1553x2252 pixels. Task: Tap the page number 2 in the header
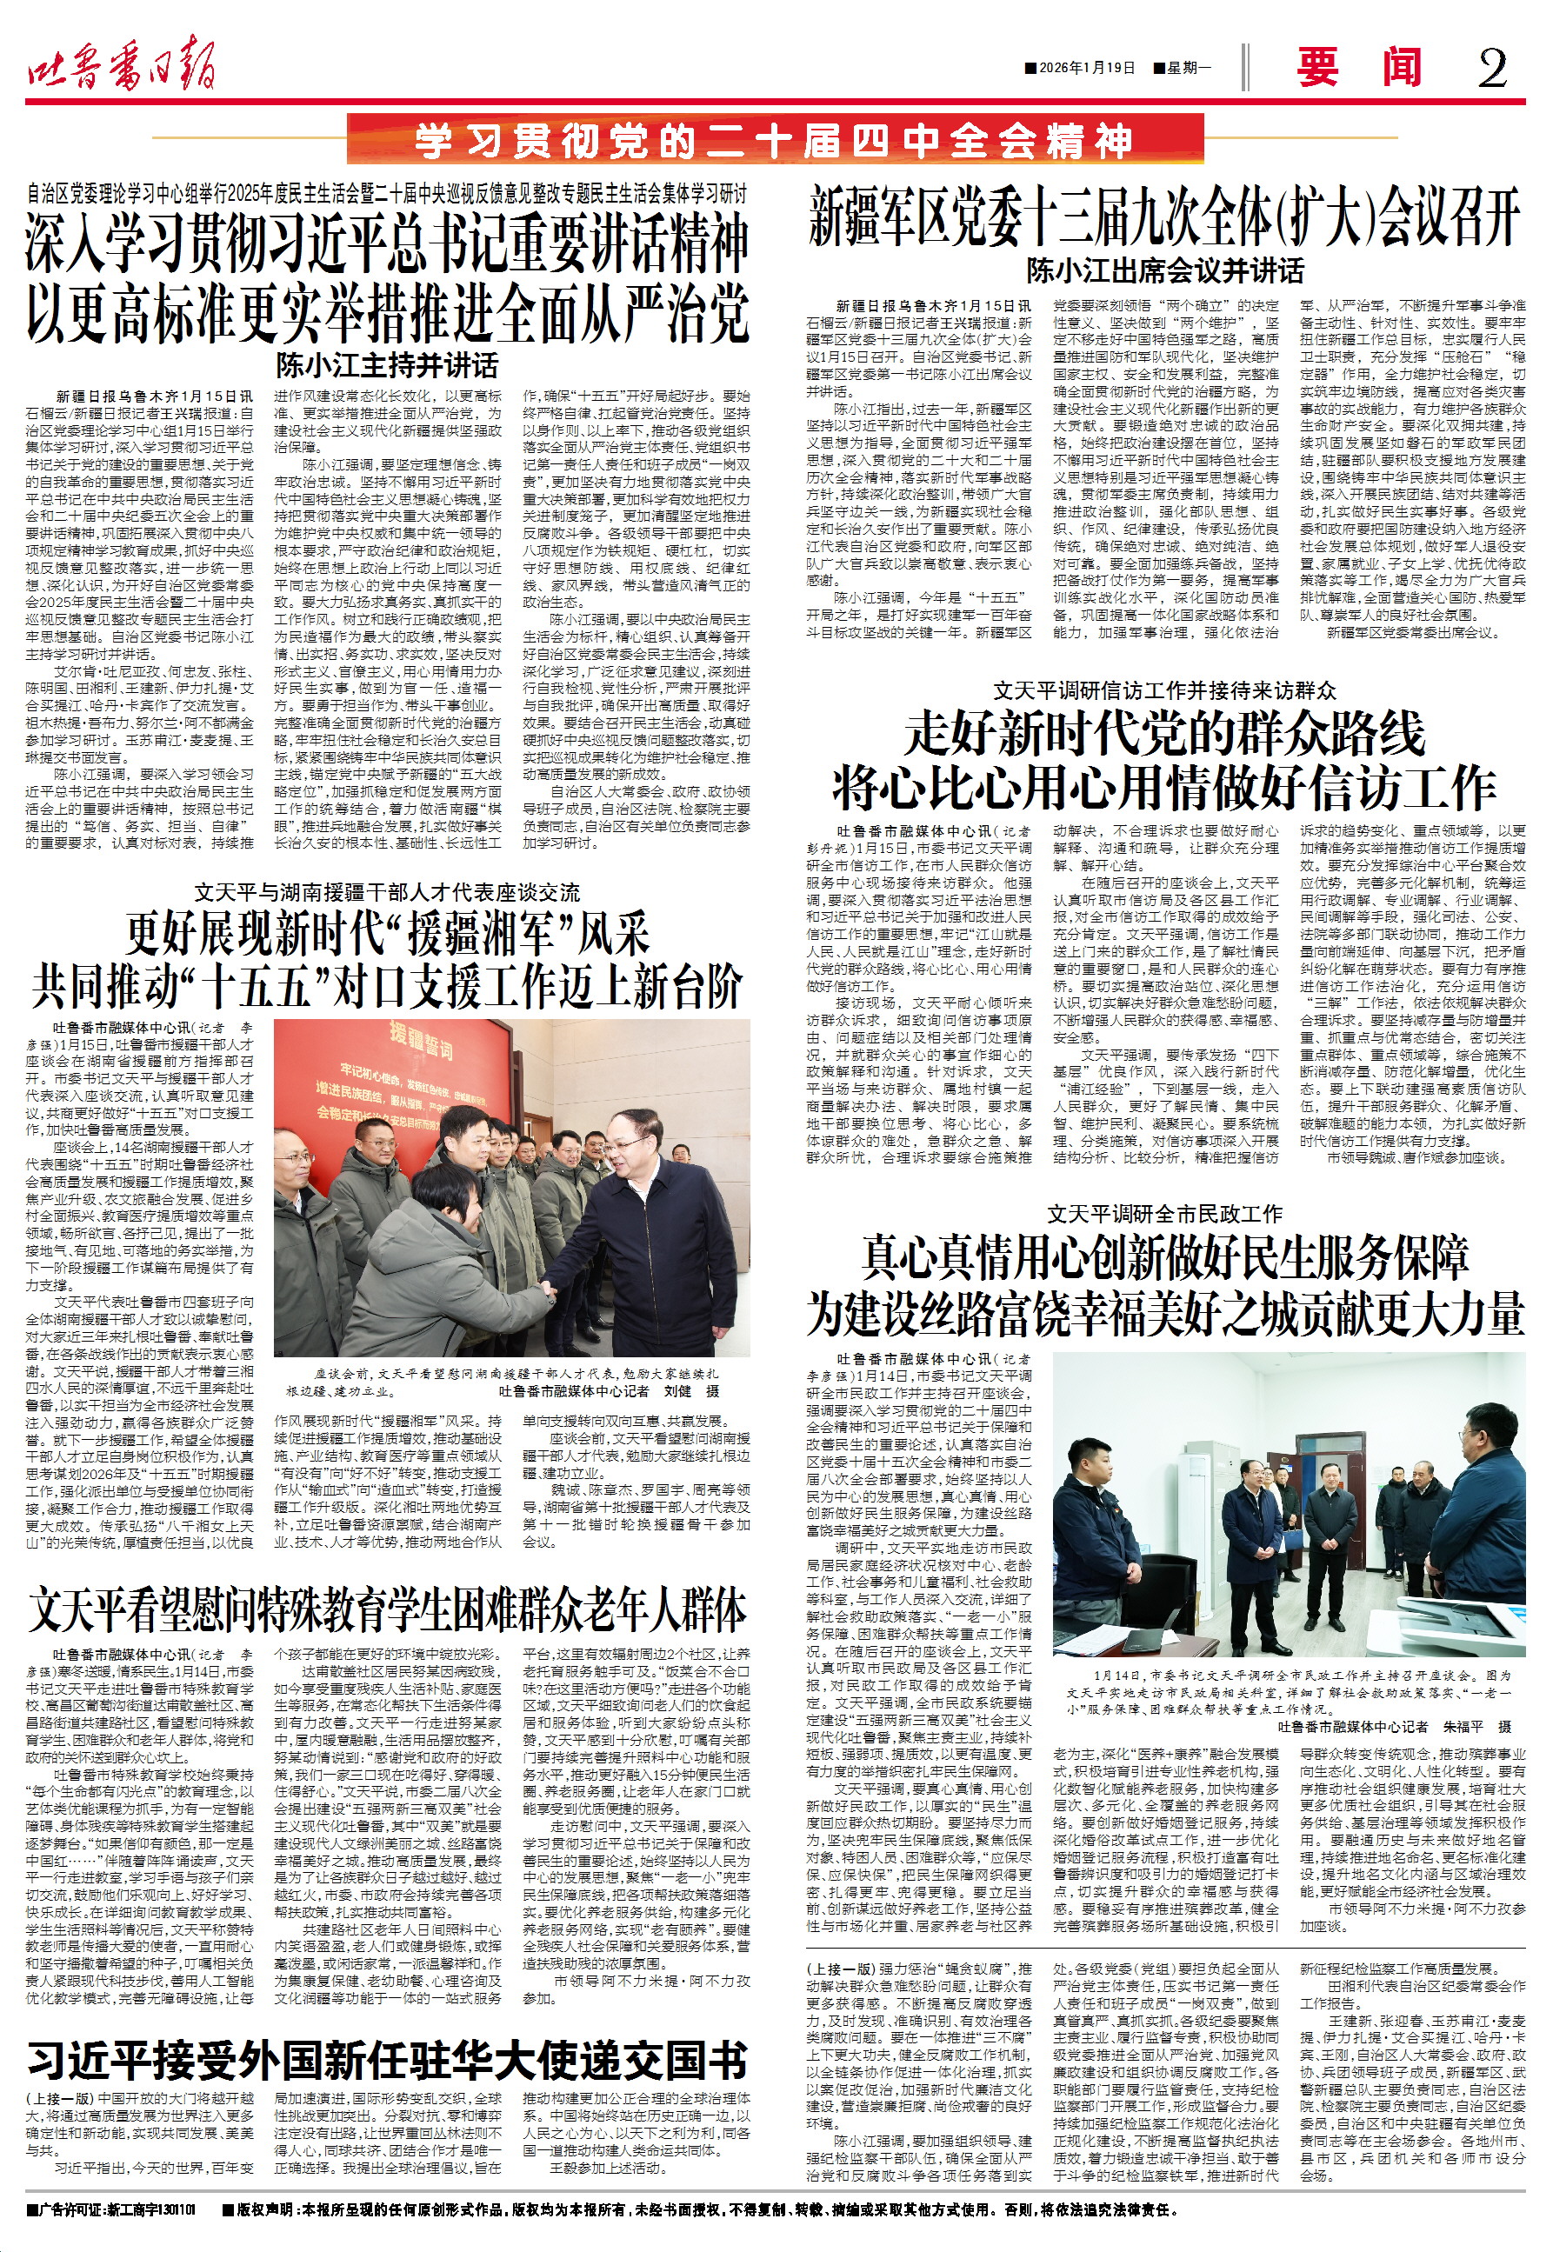1492,68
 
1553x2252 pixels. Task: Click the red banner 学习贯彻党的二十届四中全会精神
775,141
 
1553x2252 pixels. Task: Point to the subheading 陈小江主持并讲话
387,366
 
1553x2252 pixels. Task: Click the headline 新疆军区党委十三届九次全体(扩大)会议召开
1163,218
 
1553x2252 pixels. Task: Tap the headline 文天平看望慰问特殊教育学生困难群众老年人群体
387,1610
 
